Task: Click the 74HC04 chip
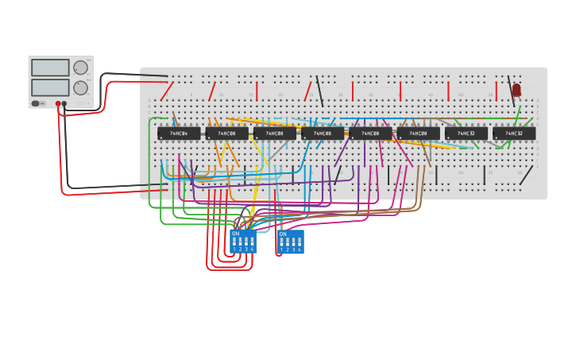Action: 178,134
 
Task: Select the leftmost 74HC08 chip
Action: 226,134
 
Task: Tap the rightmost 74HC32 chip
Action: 513,134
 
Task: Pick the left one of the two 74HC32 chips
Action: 466,134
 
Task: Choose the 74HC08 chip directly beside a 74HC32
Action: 418,134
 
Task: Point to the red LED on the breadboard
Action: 516,90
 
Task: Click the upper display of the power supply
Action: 50,68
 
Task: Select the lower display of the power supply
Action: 50,87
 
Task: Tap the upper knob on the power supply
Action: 81,68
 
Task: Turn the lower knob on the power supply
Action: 81,87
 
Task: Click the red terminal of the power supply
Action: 58,104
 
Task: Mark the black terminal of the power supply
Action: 64,104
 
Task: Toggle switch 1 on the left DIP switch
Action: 234,242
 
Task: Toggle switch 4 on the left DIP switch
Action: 252,242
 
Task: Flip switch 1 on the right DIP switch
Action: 281,242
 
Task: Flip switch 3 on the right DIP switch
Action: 293,242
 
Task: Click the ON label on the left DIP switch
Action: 235,234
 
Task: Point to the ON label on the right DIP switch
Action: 283,234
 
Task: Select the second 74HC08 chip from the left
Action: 274,134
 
